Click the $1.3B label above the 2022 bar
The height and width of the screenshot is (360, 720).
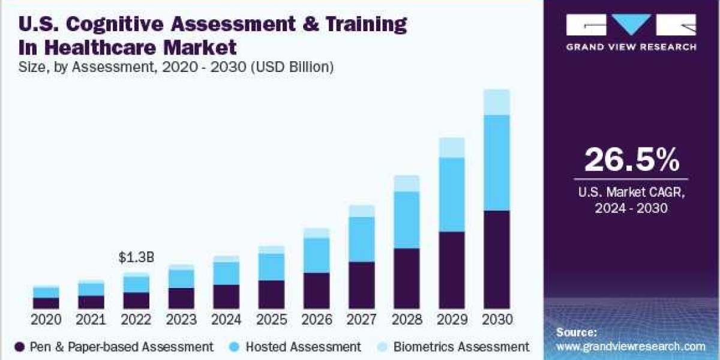click(136, 258)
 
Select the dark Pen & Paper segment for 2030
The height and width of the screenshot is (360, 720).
click(496, 259)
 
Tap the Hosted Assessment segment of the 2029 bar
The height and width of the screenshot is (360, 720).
click(451, 194)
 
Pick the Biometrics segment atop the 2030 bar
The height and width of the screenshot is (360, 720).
click(496, 102)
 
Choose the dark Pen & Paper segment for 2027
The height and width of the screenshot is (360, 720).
click(361, 285)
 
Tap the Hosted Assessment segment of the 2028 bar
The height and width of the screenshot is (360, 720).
click(406, 220)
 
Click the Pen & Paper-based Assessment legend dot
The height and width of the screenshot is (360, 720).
click(19, 347)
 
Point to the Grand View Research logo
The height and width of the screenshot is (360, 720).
click(631, 33)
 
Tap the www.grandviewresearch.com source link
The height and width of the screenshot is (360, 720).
click(631, 346)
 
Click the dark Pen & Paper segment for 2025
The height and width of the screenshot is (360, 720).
click(271, 294)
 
